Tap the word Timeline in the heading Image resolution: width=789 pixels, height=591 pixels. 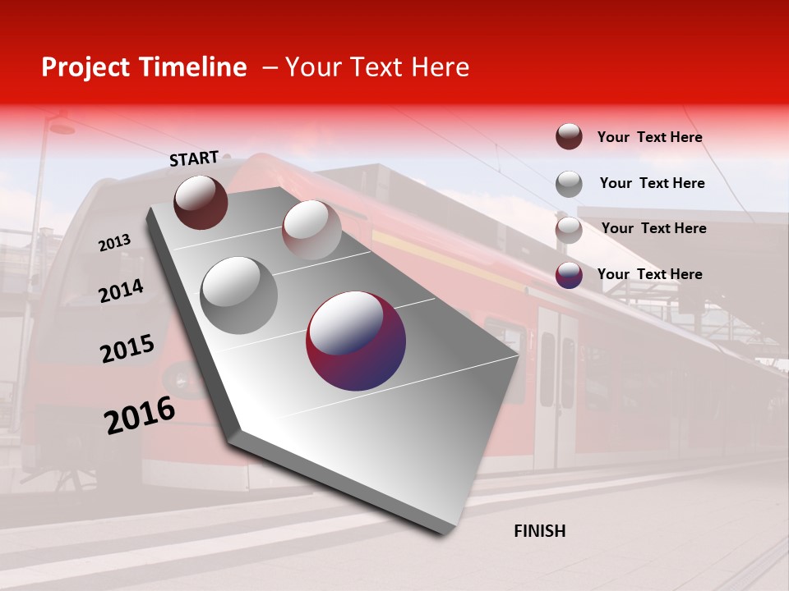pyautogui.click(x=192, y=67)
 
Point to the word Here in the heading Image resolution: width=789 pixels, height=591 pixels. pyautogui.click(x=440, y=67)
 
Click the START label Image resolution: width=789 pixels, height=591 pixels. pyautogui.click(x=194, y=158)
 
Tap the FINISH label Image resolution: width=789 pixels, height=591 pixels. pyautogui.click(x=540, y=531)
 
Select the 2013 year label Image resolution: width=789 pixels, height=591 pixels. pyautogui.click(x=115, y=243)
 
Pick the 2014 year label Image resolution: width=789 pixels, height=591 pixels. pyautogui.click(x=122, y=291)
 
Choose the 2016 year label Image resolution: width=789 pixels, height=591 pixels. pyautogui.click(x=140, y=415)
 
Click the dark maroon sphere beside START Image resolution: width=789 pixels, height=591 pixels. pyautogui.click(x=201, y=202)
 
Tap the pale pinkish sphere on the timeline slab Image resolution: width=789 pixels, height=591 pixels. pyautogui.click(x=311, y=230)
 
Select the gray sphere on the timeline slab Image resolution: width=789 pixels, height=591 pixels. pyautogui.click(x=239, y=295)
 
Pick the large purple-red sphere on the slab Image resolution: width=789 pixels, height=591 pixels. pyautogui.click(x=356, y=341)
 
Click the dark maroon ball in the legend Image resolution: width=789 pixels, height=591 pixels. pyautogui.click(x=569, y=137)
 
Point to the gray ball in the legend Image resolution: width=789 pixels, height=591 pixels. pyautogui.click(x=569, y=184)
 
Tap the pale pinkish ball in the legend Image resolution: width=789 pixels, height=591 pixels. pyautogui.click(x=569, y=230)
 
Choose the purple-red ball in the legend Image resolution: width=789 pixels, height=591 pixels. pyautogui.click(x=569, y=275)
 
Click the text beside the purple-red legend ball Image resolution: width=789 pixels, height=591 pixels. pyautogui.click(x=650, y=274)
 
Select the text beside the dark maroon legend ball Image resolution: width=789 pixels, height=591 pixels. pyautogui.click(x=650, y=137)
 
